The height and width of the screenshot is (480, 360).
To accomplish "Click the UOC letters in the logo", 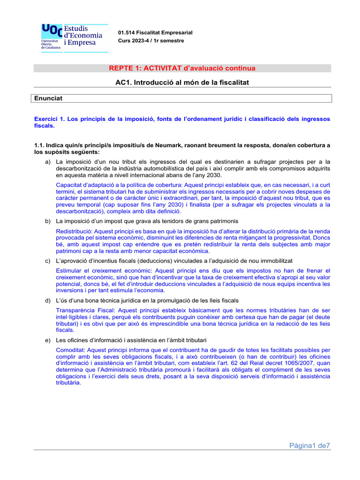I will (52, 30).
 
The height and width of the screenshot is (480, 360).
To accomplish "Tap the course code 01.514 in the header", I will (128, 33).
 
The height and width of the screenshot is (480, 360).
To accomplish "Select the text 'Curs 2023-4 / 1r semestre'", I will (151, 41).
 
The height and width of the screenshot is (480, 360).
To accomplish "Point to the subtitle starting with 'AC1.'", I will (181, 82).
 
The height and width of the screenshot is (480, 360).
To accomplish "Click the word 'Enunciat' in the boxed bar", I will (48, 98).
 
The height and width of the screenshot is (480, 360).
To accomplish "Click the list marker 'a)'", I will (47, 162).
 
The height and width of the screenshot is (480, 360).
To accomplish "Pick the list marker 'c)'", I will (47, 260).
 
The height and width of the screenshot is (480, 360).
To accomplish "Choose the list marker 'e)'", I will (47, 339).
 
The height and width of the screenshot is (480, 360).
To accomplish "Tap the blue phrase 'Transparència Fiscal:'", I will (85, 310).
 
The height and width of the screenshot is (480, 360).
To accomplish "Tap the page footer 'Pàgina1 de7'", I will (309, 446).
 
